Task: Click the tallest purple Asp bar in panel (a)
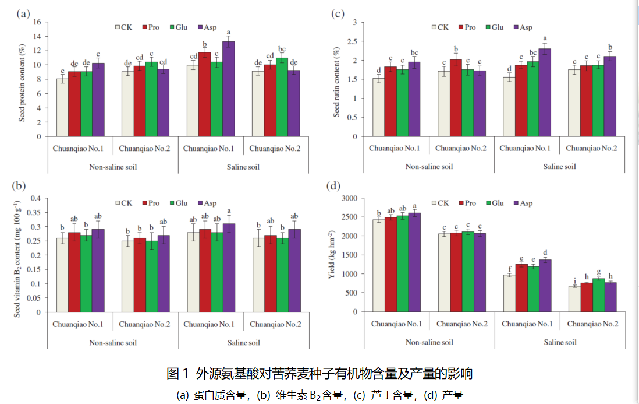pyautogui.click(x=229, y=89)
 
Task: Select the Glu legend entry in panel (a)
pyautogui.click(x=178, y=27)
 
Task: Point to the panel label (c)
pyautogui.click(x=338, y=14)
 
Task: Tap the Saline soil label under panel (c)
pyautogui.click(x=559, y=166)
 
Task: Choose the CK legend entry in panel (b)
pyautogui.click(x=125, y=203)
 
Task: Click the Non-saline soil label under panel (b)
pyautogui.click(x=113, y=342)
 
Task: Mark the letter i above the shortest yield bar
pyautogui.click(x=574, y=280)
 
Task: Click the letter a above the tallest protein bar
pyautogui.click(x=229, y=33)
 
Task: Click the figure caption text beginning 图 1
pyautogui.click(x=319, y=373)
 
